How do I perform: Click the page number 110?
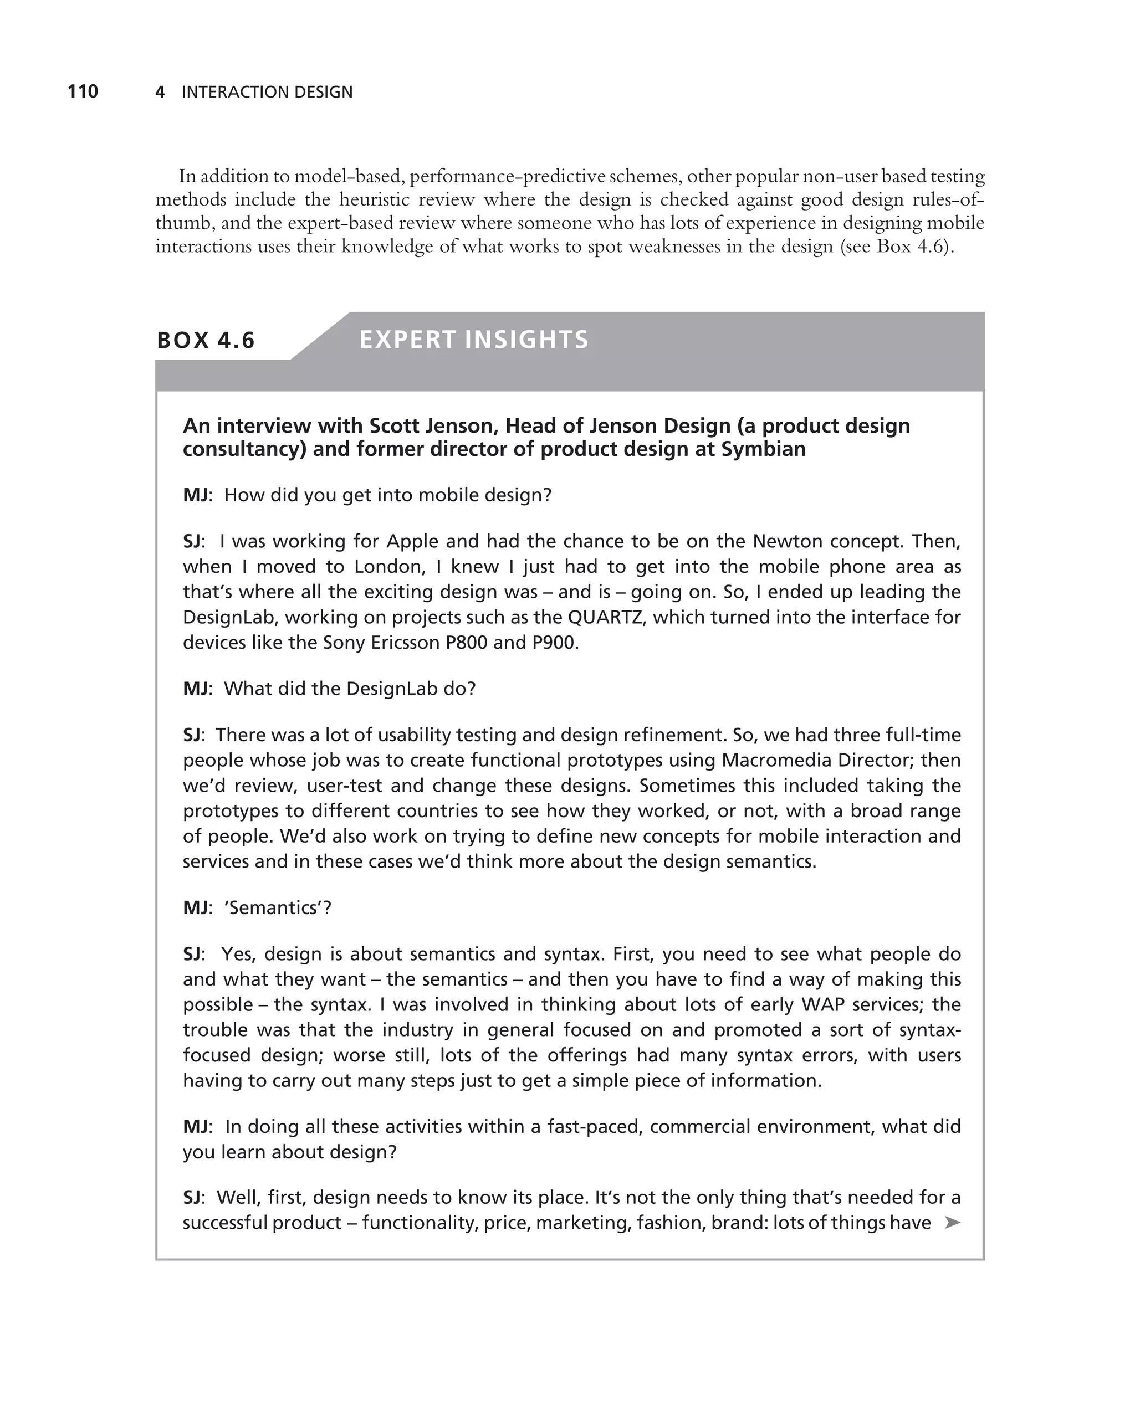(x=83, y=91)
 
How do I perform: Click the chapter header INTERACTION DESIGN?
(x=267, y=93)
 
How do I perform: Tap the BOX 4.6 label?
(x=206, y=340)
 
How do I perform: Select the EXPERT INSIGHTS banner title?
(x=473, y=340)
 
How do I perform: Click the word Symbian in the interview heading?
(x=763, y=450)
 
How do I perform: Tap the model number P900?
(x=554, y=643)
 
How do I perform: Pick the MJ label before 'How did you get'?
(x=196, y=495)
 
